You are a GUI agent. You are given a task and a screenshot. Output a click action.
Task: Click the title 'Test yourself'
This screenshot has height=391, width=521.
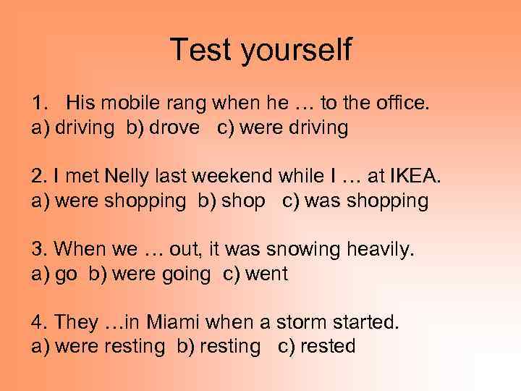coord(260,49)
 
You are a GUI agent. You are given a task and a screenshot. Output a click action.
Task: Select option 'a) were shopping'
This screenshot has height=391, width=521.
coord(109,201)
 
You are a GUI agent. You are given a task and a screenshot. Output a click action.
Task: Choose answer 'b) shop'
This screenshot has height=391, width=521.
coord(232,201)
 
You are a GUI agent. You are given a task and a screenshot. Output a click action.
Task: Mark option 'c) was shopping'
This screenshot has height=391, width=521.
coord(355,201)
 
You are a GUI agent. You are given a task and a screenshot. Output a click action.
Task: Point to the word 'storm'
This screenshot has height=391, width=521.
coord(308,322)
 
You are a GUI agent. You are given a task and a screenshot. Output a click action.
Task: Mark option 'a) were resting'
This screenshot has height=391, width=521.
coord(98,346)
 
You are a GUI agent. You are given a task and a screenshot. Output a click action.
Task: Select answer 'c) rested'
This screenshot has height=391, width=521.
coord(317,346)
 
